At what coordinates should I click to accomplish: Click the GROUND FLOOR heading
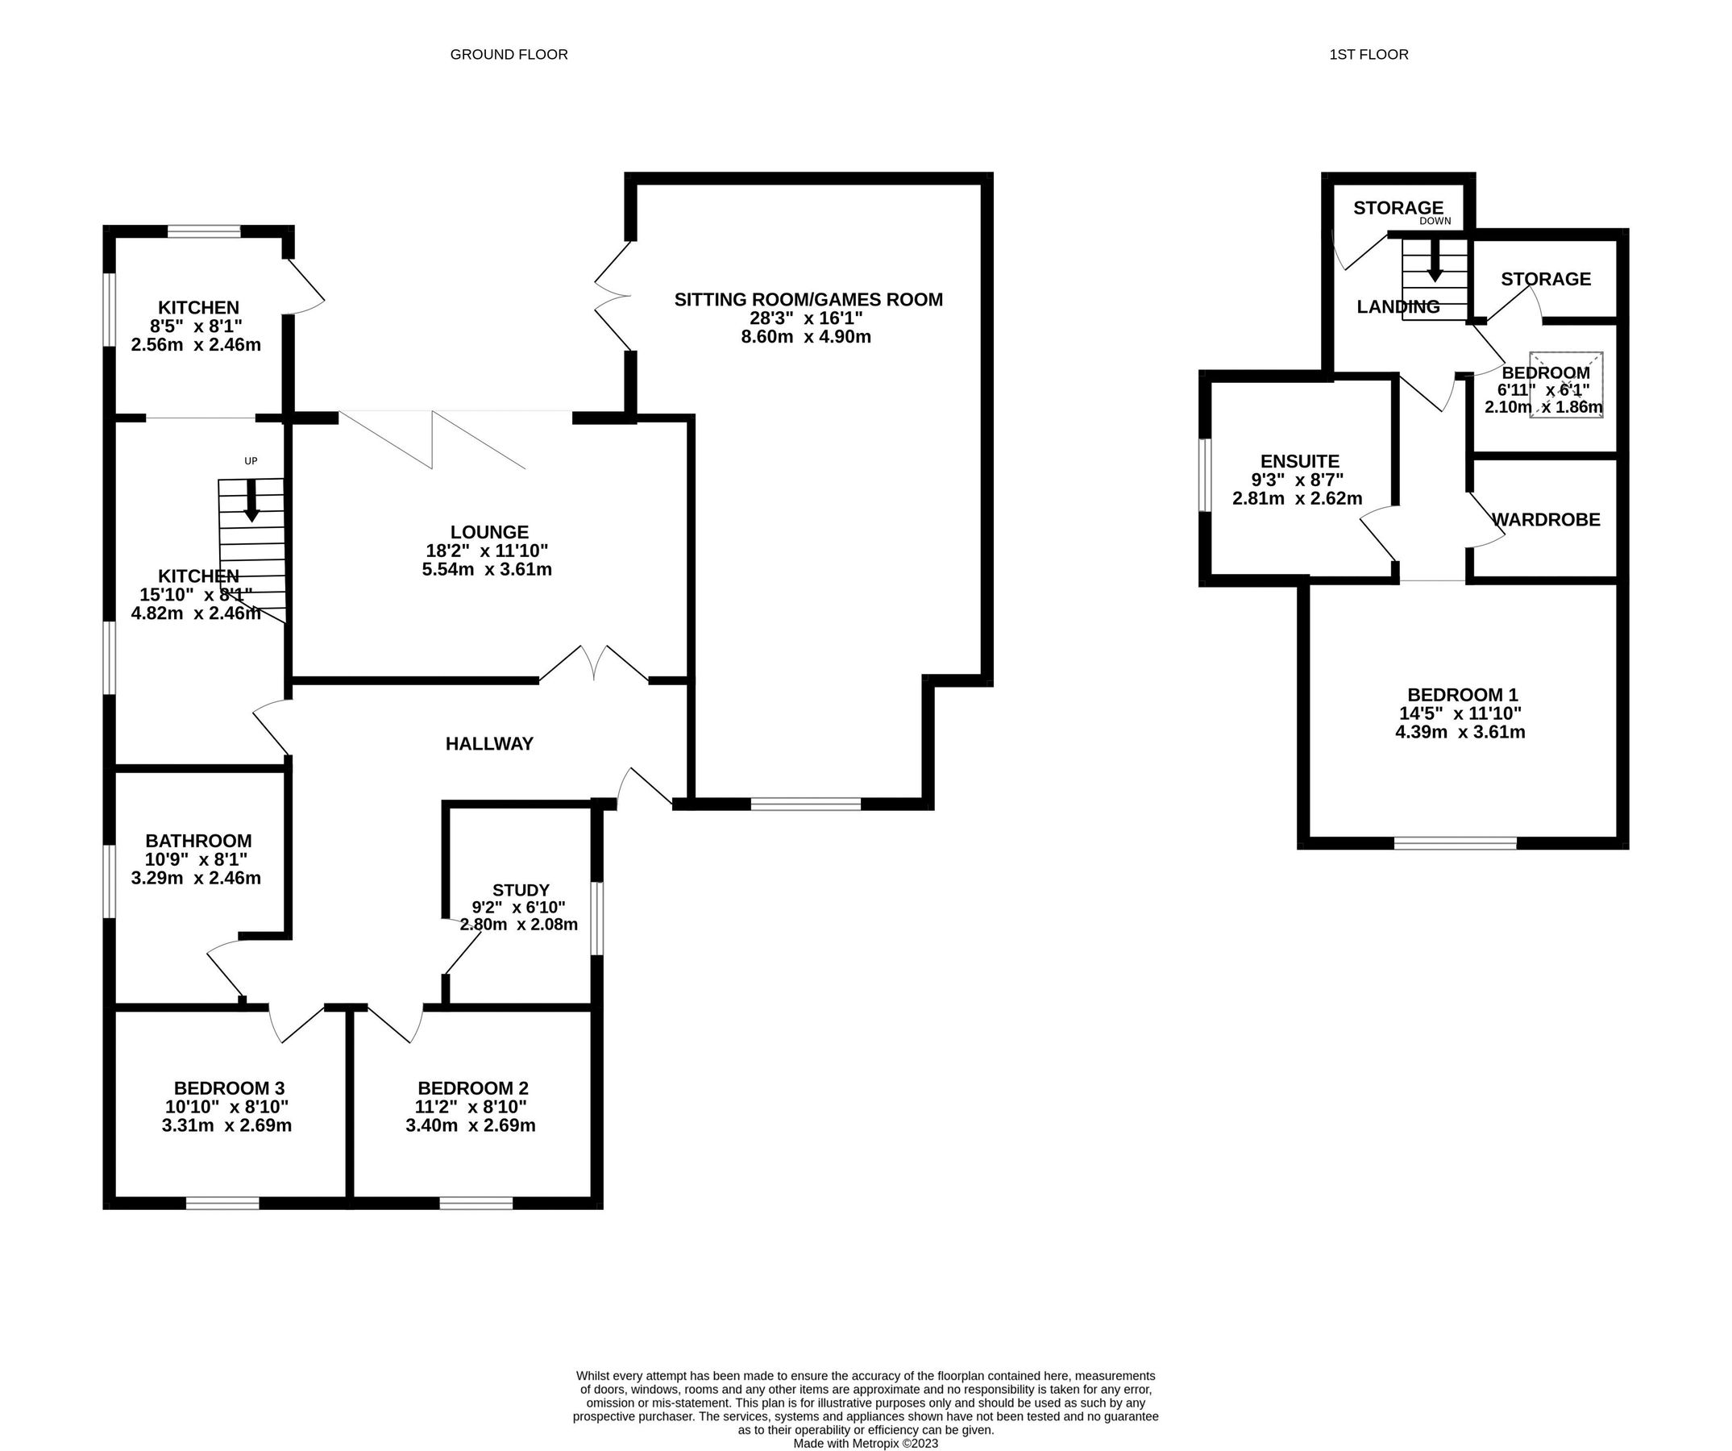point(508,55)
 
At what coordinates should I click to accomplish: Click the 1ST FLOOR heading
point(1369,55)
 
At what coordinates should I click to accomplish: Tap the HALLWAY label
point(489,744)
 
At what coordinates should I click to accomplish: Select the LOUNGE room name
point(489,532)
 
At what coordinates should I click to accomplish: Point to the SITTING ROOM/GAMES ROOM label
point(808,299)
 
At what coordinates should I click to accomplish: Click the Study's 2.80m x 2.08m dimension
point(519,925)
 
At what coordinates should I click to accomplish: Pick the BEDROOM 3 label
point(228,1088)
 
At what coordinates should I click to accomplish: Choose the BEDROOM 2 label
point(472,1088)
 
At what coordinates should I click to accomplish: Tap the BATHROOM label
point(198,841)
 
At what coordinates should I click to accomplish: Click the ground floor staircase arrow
point(251,501)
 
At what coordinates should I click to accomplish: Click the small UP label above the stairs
point(251,461)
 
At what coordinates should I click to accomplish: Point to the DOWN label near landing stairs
point(1435,221)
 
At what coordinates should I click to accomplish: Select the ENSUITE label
point(1300,461)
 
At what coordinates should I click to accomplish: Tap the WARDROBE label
point(1546,520)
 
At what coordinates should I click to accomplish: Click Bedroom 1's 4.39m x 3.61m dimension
point(1460,733)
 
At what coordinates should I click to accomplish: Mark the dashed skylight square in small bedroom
point(1566,385)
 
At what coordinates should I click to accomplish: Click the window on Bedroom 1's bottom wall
point(1455,843)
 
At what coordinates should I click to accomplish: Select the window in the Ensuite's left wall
point(1205,475)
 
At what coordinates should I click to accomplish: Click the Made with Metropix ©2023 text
point(865,1444)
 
